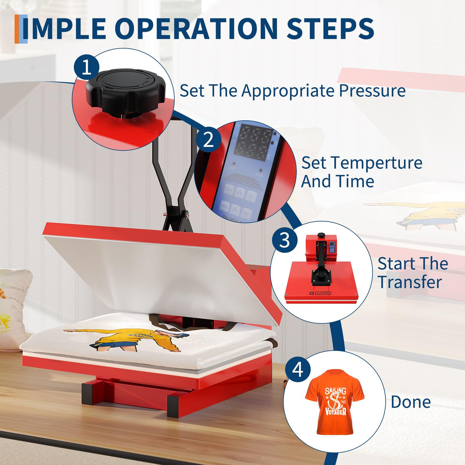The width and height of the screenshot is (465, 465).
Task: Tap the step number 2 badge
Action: point(208,139)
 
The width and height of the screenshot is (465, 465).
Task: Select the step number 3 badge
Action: point(285,240)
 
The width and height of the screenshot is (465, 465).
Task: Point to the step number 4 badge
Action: point(298,370)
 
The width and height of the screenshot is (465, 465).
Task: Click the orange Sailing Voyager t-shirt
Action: point(335,401)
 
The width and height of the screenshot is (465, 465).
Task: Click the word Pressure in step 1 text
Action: point(372,91)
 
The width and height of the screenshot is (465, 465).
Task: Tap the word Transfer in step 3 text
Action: point(409,282)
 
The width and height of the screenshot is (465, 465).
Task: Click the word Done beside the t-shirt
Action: point(411,402)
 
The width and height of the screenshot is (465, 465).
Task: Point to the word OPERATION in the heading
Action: point(196,28)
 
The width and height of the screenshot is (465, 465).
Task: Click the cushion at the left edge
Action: point(13,306)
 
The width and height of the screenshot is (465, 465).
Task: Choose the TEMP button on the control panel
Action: point(229,190)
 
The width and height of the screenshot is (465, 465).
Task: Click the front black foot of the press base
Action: point(174,406)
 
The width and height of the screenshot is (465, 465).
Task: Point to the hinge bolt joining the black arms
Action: point(187,215)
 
